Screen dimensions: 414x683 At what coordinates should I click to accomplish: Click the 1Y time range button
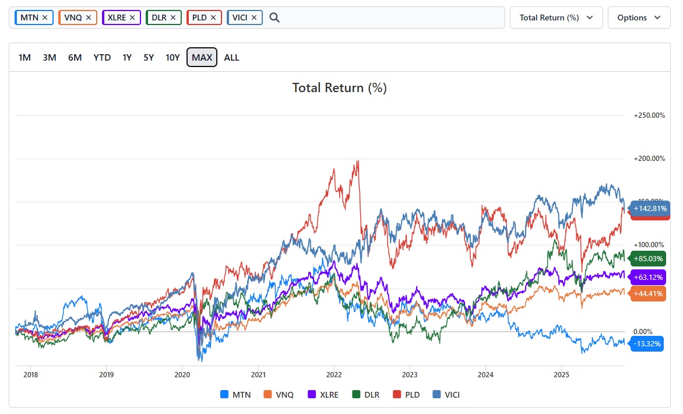point(127,57)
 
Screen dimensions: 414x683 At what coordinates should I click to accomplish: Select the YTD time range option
point(102,57)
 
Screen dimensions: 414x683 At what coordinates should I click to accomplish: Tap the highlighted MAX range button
point(202,57)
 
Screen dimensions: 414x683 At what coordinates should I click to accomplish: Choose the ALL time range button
point(231,57)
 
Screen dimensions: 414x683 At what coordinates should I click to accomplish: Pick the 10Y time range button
point(172,57)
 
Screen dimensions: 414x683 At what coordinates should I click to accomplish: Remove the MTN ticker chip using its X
point(45,17)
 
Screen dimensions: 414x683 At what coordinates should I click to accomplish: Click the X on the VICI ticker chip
point(254,17)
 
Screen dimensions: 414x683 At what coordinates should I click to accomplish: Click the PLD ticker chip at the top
point(199,17)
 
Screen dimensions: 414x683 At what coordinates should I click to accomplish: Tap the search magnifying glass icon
point(274,17)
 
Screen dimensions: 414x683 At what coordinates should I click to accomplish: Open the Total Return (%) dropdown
point(556,17)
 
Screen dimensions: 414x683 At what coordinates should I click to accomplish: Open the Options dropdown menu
point(639,17)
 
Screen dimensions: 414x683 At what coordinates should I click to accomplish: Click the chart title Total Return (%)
point(339,88)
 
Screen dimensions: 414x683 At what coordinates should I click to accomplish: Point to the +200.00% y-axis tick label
point(649,159)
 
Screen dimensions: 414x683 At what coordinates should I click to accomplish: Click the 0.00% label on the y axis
point(644,331)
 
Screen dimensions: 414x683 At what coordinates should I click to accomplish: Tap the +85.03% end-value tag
point(648,258)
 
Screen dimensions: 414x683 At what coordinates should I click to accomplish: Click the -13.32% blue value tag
point(647,344)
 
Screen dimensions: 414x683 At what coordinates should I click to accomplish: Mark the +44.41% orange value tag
point(648,293)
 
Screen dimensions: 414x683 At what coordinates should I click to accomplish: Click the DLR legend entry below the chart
point(365,395)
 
